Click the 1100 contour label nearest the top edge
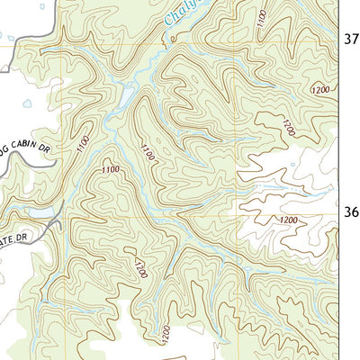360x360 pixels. point(260,20)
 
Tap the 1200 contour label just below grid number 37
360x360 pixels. point(320,90)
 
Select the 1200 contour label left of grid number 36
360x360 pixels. point(287,220)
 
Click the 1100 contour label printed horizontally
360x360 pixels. point(111,169)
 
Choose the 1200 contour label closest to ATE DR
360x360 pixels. point(139,268)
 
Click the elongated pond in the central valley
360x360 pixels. point(125,95)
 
